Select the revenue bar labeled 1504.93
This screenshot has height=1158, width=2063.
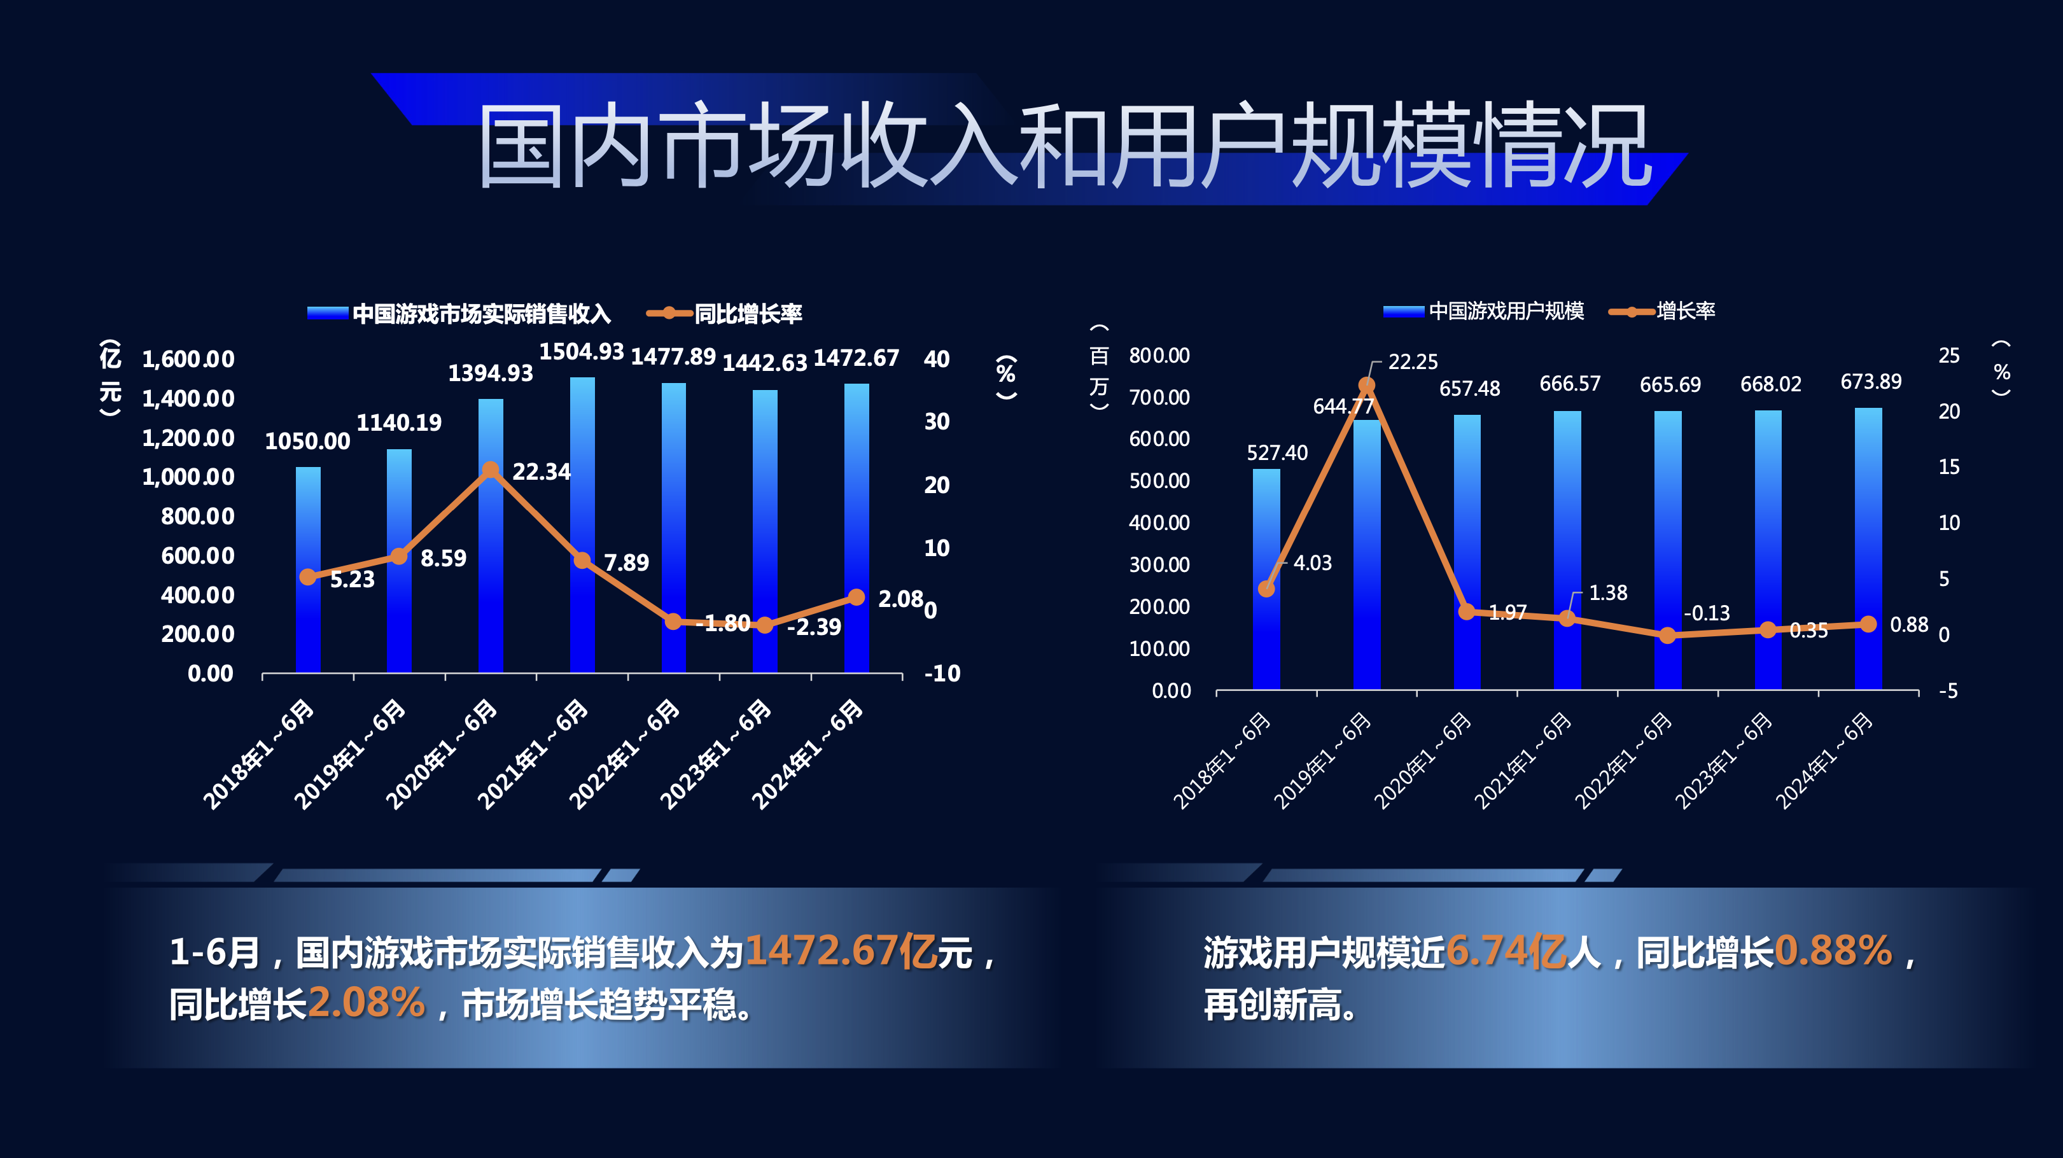[582, 524]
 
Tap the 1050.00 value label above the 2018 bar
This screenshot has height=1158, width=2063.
[307, 442]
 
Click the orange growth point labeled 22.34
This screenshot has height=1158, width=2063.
[491, 470]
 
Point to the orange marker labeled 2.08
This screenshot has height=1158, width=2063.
[856, 597]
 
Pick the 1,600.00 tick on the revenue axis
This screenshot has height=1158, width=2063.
[188, 359]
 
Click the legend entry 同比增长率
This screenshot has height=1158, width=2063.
[747, 314]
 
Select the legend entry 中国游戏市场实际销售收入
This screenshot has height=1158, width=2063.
[481, 314]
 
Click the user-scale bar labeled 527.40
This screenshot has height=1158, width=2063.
[1266, 578]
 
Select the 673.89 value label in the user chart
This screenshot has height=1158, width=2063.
[1871, 381]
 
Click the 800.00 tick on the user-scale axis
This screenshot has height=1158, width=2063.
[1159, 356]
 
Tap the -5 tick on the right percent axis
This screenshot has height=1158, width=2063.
[1948, 690]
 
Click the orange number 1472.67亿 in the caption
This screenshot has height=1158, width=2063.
[840, 951]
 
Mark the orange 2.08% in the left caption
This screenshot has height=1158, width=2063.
[366, 1003]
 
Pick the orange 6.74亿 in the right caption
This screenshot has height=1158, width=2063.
[1506, 951]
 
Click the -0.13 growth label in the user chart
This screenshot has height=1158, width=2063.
[1707, 613]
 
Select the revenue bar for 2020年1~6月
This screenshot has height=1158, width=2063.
[491, 535]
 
